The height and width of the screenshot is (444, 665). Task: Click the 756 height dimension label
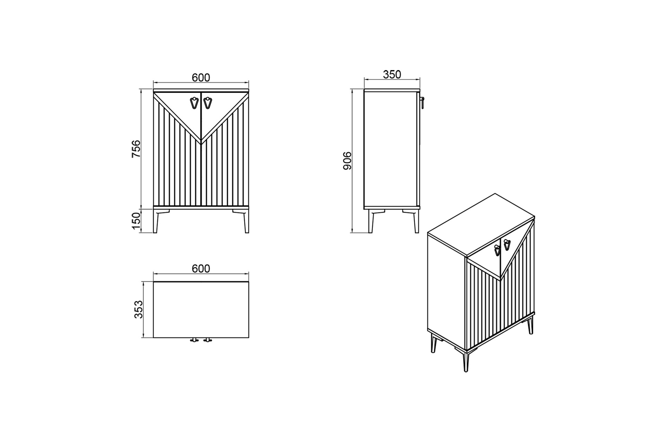tap(136, 149)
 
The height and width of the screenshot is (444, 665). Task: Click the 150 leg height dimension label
tap(136, 221)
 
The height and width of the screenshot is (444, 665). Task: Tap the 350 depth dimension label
tap(392, 74)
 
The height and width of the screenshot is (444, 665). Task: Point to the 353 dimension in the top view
tap(138, 309)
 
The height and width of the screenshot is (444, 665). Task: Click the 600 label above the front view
tap(201, 77)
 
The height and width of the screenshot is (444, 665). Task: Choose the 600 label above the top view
tap(201, 268)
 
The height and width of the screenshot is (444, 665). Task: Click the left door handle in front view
tap(194, 103)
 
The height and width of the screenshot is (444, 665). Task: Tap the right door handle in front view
tap(207, 103)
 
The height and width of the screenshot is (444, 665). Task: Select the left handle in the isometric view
tap(497, 250)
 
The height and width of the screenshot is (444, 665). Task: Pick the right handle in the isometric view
tap(507, 245)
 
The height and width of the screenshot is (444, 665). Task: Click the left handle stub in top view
tap(194, 340)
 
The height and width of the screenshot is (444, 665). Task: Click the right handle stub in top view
tap(207, 340)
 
